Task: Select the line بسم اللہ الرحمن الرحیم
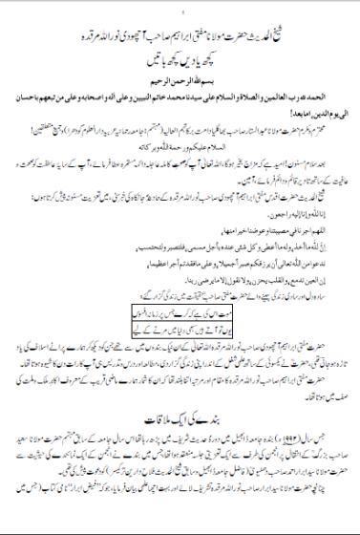click(180, 78)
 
